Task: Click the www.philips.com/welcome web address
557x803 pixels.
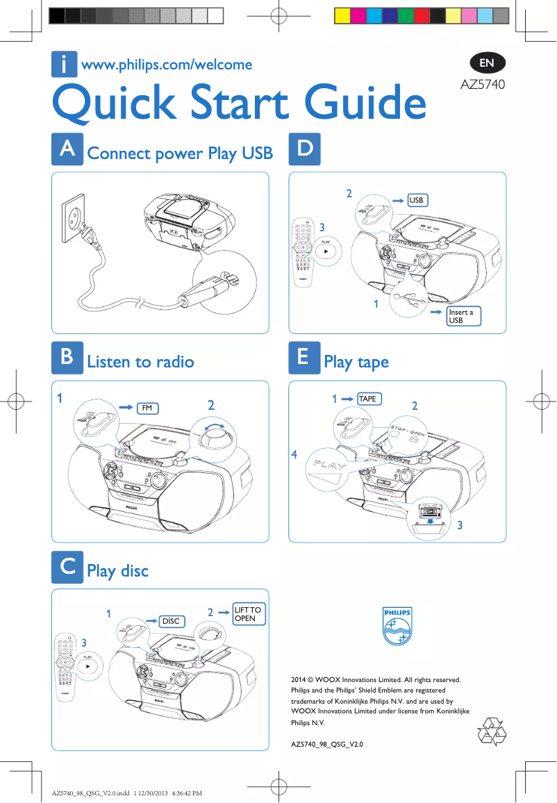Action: [167, 65]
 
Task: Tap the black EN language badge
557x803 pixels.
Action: [487, 63]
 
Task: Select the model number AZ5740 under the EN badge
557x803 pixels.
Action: [483, 85]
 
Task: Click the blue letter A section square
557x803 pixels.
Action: [67, 149]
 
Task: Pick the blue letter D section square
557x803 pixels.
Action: [304, 149]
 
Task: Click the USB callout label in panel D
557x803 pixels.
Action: [416, 200]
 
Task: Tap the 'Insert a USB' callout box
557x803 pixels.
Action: [464, 316]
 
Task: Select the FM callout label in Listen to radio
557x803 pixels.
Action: [147, 408]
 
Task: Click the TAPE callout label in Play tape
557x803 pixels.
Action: [368, 399]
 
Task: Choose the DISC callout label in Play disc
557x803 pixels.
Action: [171, 621]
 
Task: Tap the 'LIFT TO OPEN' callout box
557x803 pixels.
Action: [248, 614]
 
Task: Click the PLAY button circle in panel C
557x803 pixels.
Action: [88, 665]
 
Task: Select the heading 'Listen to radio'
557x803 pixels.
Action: [140, 362]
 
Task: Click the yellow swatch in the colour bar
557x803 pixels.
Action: [342, 16]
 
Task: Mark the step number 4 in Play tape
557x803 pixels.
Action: [294, 455]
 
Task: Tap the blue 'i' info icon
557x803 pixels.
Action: [64, 65]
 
